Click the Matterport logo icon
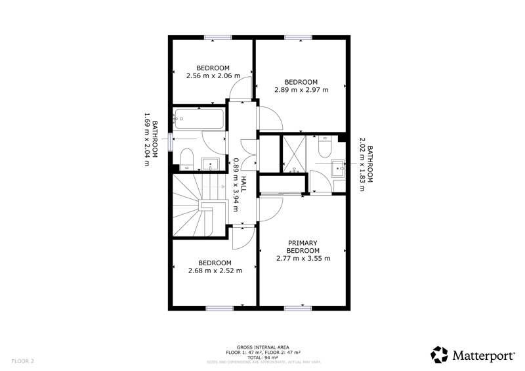(439, 355)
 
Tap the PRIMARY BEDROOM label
(303, 247)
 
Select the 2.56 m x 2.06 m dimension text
(213, 76)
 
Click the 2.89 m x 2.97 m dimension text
(301, 90)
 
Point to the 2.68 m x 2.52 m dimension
(215, 271)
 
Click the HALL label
(243, 184)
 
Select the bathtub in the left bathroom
(199, 119)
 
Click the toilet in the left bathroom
(187, 159)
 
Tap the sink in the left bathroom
(210, 164)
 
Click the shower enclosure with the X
(294, 154)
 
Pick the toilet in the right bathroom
(325, 146)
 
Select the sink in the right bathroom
(338, 168)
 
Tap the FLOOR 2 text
(23, 361)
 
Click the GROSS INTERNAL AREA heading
(263, 347)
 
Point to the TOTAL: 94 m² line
(263, 358)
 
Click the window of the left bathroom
(171, 142)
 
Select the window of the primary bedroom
(298, 309)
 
